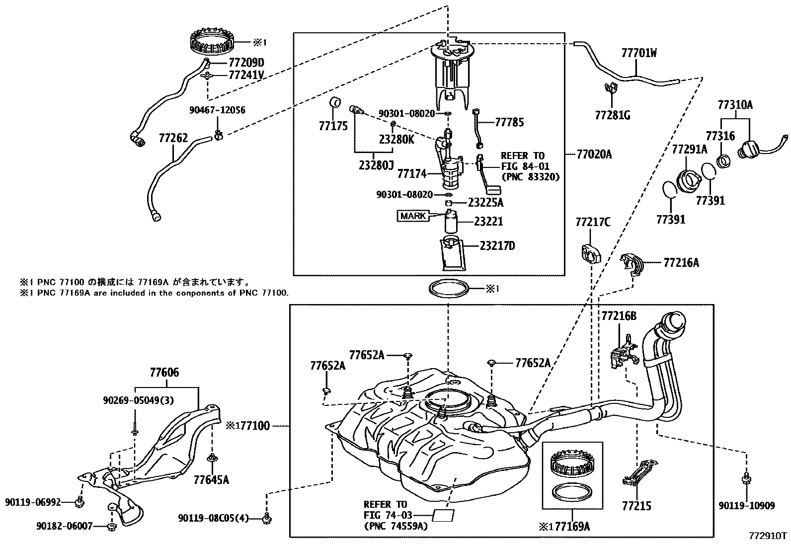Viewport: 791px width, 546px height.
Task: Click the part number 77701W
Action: point(638,53)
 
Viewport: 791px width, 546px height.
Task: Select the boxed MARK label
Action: point(412,216)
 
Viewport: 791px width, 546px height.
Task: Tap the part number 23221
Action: point(488,222)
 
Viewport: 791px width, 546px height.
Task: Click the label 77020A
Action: point(594,155)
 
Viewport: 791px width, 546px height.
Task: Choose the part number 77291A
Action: point(689,149)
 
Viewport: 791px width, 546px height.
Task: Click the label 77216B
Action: point(619,316)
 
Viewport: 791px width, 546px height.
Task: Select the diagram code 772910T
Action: point(768,536)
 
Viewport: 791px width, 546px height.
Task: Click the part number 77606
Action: point(164,372)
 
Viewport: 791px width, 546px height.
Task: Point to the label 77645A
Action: point(211,480)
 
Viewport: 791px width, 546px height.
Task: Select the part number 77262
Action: point(173,138)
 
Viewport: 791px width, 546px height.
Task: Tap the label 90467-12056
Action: point(217,110)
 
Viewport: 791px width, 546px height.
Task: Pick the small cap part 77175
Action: point(335,103)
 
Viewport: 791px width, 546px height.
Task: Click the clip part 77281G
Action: point(610,89)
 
